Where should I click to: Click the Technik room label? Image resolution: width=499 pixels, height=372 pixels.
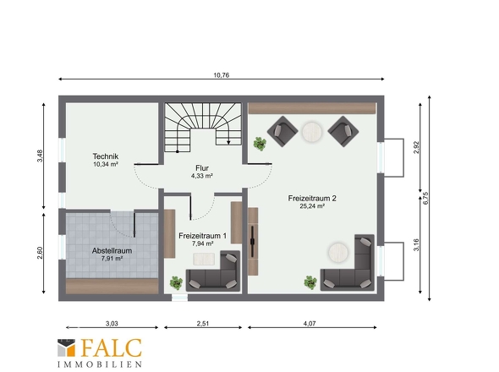106,156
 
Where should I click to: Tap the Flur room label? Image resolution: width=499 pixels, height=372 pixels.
202,168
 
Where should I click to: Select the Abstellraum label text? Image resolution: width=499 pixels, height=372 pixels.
112,251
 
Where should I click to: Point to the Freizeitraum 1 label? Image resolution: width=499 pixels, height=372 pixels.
202,236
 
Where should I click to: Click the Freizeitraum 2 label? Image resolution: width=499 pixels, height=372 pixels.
312,198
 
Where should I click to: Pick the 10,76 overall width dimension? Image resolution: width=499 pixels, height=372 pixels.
222,75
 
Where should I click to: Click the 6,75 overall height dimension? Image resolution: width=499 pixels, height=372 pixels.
425,198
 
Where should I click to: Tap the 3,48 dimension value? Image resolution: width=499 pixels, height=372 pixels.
40,156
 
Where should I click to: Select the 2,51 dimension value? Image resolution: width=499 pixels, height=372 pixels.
203,324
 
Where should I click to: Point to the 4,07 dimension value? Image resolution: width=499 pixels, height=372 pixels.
310,324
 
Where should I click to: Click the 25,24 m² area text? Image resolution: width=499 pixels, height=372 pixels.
312,206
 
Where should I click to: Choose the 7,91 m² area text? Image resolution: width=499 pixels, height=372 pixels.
112,259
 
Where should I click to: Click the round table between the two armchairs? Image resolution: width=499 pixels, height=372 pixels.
312,132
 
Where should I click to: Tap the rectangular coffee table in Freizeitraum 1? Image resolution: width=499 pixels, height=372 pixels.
204,259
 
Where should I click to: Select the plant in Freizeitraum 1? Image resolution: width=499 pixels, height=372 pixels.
176,283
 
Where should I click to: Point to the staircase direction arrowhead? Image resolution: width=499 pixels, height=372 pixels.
228,143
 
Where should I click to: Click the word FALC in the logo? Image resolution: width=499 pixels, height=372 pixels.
112,347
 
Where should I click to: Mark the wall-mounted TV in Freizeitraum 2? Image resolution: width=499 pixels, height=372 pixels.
253,241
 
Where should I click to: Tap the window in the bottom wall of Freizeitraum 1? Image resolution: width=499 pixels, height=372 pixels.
179,298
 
